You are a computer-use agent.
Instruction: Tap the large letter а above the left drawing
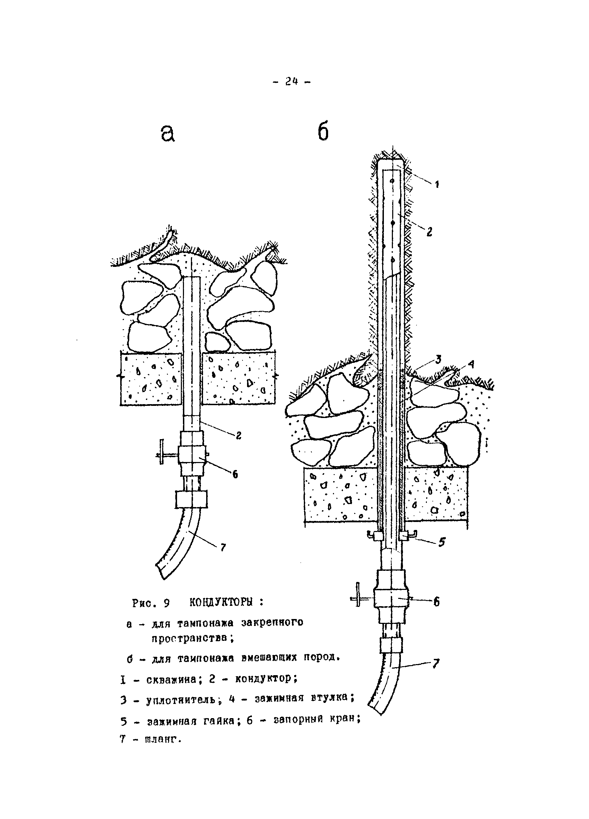(167, 133)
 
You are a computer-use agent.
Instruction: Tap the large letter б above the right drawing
(323, 132)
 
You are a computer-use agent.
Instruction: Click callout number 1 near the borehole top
(437, 184)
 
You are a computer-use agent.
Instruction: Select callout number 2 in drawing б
(429, 232)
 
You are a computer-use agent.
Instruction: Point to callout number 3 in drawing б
(438, 359)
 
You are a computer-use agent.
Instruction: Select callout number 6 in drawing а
(235, 474)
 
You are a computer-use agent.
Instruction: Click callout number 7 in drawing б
(436, 663)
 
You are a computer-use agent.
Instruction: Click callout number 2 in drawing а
(239, 436)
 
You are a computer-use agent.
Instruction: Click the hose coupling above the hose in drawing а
(191, 499)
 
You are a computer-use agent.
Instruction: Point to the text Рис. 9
(151, 603)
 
